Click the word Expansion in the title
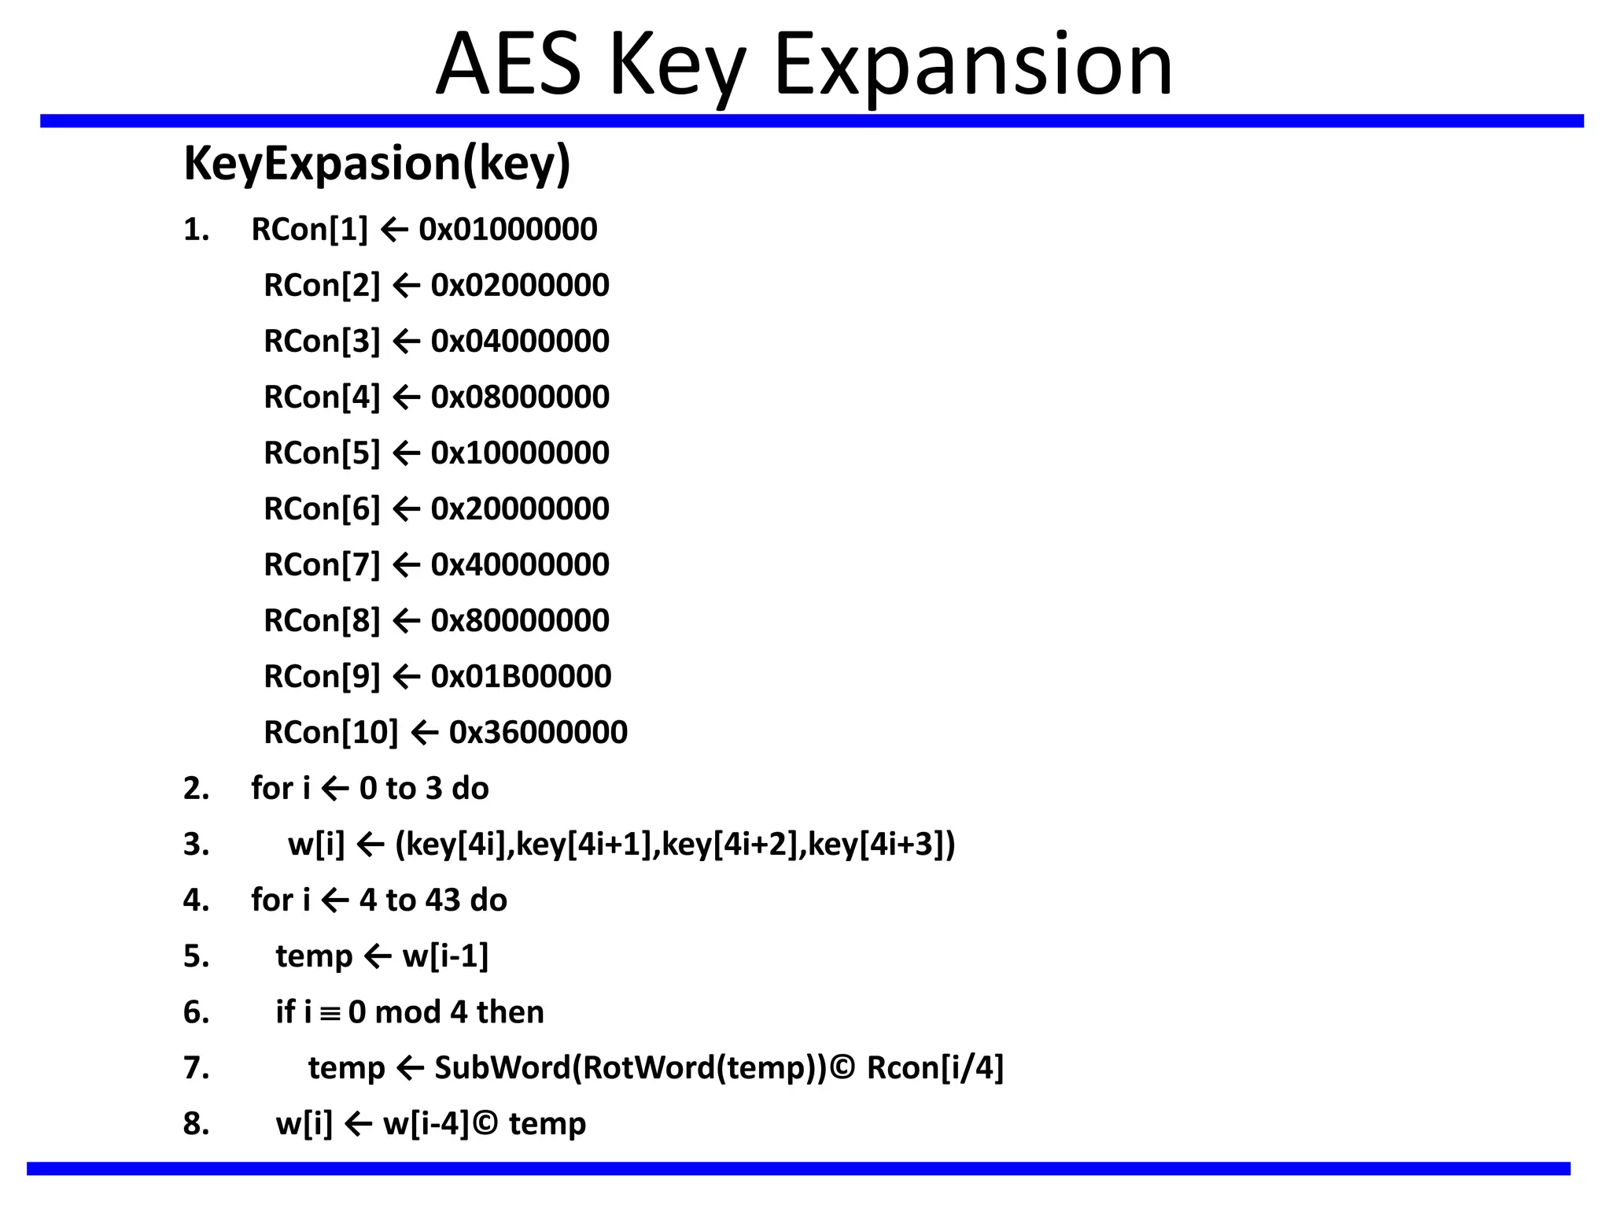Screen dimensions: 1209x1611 click(974, 65)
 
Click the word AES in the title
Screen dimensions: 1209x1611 click(509, 65)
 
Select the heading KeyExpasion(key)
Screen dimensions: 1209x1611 click(377, 164)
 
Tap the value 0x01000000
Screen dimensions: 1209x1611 click(508, 230)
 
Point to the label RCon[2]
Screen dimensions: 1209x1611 click(322, 286)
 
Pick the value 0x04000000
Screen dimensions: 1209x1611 click(520, 342)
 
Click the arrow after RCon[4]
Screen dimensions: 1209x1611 click(406, 397)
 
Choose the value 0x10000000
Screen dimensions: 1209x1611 click(520, 453)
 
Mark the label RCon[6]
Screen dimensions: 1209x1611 click(322, 509)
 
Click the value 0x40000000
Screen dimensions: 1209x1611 click(520, 565)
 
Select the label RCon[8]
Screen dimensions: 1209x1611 click(322, 621)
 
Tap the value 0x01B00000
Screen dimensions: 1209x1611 click(521, 677)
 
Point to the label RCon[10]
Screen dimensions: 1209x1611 click(331, 733)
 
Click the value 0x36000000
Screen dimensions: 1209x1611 click(538, 733)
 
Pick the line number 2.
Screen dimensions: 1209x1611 click(196, 789)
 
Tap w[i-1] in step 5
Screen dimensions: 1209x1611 click(445, 956)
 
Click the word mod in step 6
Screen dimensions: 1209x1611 click(407, 1012)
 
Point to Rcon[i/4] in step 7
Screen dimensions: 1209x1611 click(935, 1068)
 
